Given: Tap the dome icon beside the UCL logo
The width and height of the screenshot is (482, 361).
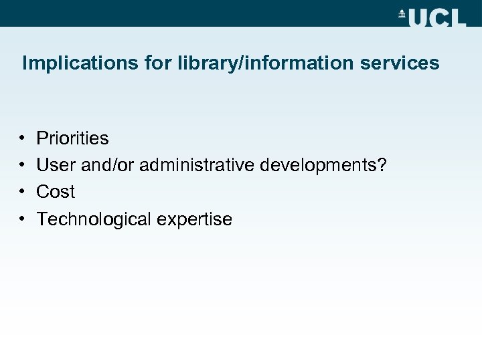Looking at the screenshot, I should point(402,13).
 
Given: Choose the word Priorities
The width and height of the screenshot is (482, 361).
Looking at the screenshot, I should point(72,138).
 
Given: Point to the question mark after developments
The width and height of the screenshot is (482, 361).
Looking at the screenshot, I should point(382,165).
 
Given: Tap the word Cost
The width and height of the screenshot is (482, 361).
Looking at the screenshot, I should point(56,192).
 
